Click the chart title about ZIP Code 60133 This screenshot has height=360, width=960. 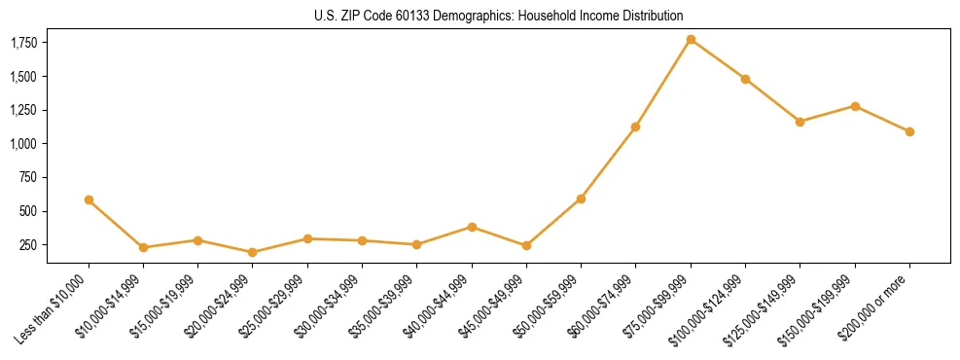coord(499,17)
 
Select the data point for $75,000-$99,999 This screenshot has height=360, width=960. coord(691,39)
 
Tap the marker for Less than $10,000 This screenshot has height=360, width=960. coord(89,199)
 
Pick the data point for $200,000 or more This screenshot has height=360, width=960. coord(909,131)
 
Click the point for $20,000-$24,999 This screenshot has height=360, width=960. coord(253,252)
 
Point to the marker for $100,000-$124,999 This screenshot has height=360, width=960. coord(745,79)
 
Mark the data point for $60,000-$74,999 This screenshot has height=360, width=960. coord(635,126)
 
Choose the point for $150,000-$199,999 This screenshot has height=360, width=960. coord(855,106)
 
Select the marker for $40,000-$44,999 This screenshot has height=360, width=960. coord(472,227)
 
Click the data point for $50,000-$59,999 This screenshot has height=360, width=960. coord(581,198)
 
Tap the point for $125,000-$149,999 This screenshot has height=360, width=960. coord(800,122)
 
